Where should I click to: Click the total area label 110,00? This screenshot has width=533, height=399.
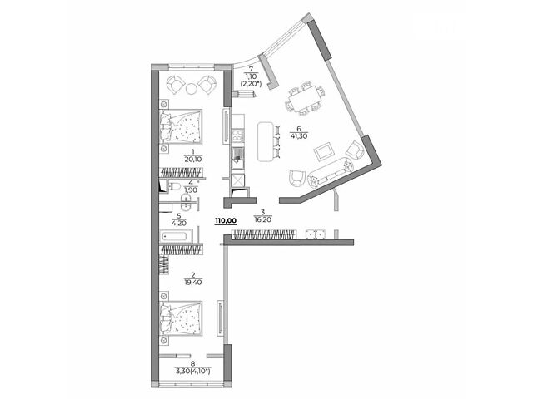226,221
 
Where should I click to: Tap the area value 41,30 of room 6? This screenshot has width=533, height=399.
299,136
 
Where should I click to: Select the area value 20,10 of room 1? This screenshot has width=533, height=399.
193,159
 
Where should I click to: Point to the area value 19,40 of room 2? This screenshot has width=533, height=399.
193,283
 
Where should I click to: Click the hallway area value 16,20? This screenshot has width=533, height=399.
262,219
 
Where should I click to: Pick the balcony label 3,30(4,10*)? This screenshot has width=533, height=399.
192,372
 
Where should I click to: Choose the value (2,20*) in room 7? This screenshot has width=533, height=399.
251,85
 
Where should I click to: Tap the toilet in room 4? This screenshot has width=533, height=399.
174,186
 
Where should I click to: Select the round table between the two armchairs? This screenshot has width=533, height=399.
191,89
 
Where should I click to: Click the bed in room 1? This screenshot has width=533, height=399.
181,126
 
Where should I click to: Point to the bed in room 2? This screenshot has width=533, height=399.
181,318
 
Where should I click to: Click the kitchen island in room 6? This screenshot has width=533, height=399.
266,141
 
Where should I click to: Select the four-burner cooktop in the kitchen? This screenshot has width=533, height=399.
237,136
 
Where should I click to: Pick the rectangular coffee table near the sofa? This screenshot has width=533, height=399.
324,151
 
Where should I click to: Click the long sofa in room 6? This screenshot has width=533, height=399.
331,172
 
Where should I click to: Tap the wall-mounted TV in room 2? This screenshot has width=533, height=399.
221,318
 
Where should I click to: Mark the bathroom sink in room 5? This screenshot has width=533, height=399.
186,203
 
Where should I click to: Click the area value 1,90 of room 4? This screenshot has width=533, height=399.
191,190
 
